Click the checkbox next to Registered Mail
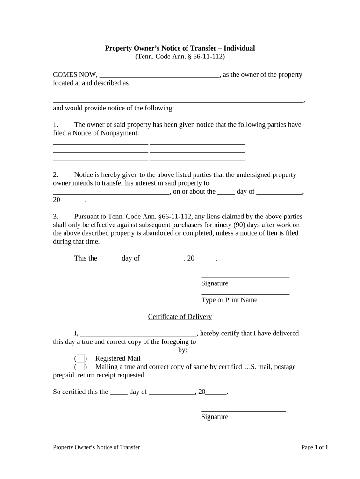[80, 358]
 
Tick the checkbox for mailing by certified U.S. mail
[80, 367]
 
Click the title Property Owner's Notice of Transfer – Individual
[180, 48]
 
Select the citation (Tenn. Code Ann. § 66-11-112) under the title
[180, 57]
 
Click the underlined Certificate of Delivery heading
[180, 317]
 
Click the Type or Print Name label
[229, 300]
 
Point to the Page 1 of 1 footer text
[315, 447]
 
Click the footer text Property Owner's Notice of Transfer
[96, 447]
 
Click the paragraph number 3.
[55, 217]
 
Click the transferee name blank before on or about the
[111, 192]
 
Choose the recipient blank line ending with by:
[115, 351]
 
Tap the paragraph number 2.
[55, 174]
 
